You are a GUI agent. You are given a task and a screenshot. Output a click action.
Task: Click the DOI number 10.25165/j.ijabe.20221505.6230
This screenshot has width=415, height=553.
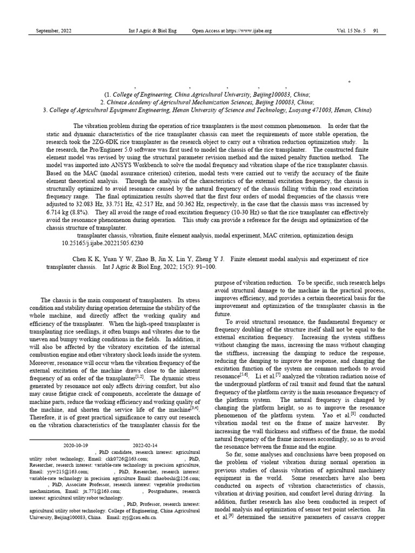click(103, 243)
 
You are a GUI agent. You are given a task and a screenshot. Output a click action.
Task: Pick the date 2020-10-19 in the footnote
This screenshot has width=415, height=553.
click(76, 446)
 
